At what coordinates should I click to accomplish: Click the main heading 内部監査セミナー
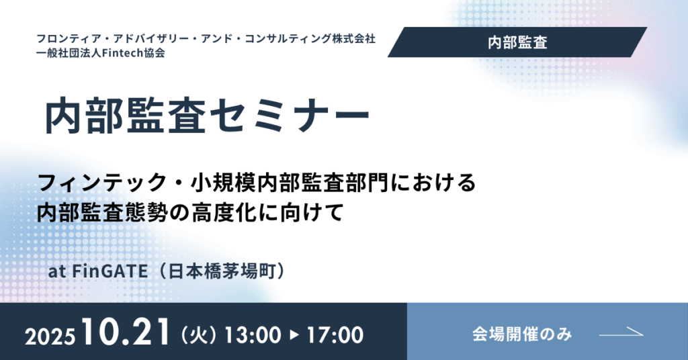(207, 116)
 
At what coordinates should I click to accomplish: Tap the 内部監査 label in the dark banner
(517, 42)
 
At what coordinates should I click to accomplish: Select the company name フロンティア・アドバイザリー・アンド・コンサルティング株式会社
(206, 38)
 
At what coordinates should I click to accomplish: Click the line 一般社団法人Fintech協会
(101, 53)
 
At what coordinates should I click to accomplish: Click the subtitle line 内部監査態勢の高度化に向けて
(190, 213)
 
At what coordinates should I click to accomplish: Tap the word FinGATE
(110, 271)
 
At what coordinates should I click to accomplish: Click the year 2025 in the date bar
(50, 336)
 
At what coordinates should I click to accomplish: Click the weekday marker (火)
(199, 335)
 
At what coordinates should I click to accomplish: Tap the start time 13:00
(253, 335)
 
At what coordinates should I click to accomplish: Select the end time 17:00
(335, 335)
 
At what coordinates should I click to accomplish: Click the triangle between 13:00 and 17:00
(294, 335)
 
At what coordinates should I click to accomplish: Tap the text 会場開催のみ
(522, 334)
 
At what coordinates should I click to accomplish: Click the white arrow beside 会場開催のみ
(621, 333)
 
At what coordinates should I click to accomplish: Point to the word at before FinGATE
(57, 271)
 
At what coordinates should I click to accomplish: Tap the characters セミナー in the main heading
(290, 116)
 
